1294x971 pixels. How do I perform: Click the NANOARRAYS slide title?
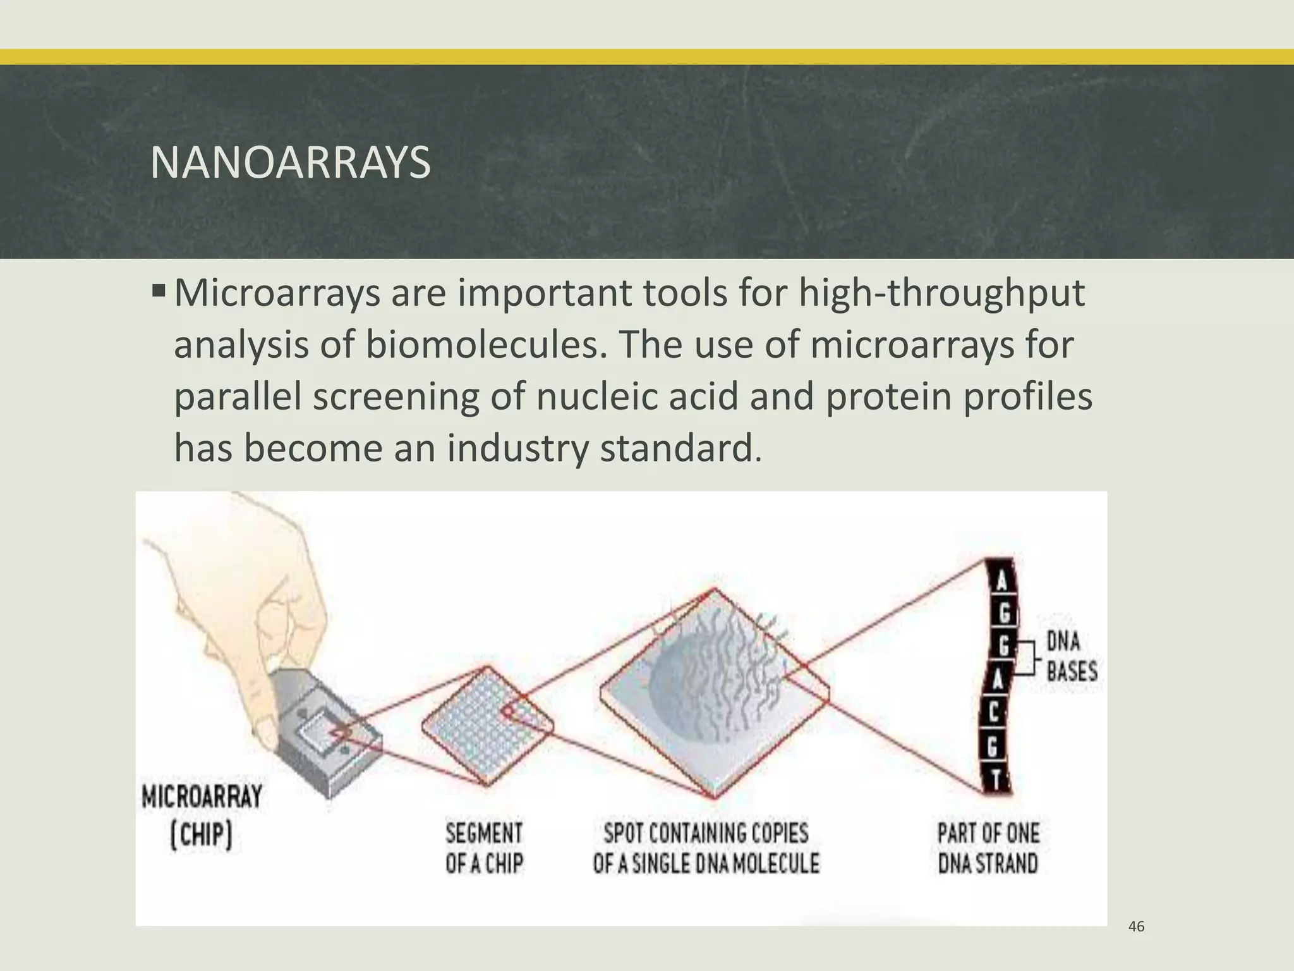tap(290, 163)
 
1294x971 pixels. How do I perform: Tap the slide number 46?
tap(1136, 927)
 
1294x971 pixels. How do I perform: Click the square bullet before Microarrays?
tap(159, 292)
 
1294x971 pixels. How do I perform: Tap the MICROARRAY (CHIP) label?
tap(202, 815)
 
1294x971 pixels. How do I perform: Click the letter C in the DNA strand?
tap(993, 714)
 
